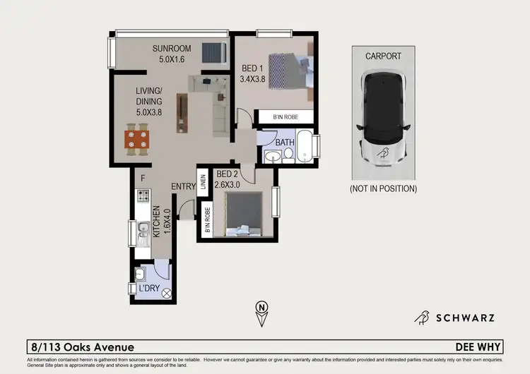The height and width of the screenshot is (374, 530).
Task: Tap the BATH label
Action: (285, 143)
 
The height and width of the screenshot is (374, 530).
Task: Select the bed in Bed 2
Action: (242, 214)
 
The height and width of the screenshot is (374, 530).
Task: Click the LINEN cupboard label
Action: (202, 183)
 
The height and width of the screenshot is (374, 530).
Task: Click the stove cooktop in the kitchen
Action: (143, 195)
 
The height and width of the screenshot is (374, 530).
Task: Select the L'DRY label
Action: (150, 289)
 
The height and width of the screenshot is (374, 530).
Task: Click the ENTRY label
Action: (183, 186)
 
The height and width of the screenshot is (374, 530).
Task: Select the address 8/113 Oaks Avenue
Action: (83, 347)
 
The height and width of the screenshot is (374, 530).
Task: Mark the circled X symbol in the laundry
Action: (167, 293)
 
